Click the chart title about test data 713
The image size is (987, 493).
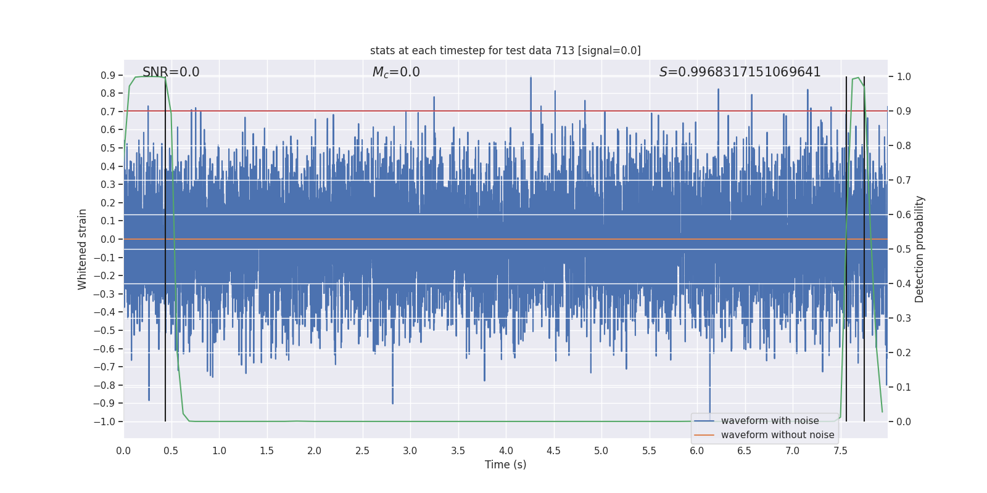[x=505, y=51]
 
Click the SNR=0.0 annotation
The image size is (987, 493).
[x=171, y=72]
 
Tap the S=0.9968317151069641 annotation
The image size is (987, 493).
[x=740, y=72]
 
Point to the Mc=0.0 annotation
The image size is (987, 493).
[x=396, y=72]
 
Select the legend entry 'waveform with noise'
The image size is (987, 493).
[x=769, y=421]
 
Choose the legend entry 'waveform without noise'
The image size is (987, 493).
[x=777, y=435]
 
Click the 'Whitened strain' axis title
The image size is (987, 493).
[x=83, y=249]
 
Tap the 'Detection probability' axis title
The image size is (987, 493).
[x=919, y=249]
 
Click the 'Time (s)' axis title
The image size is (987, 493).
[x=505, y=465]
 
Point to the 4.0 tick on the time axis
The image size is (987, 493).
[x=506, y=451]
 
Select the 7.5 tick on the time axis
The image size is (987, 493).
[x=840, y=451]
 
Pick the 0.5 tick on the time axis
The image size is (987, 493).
[x=171, y=451]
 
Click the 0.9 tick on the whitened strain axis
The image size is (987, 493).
[x=108, y=75]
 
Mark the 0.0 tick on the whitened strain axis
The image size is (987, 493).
[x=108, y=239]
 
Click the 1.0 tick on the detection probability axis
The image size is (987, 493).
[x=904, y=77]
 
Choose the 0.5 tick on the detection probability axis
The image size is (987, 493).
[x=904, y=250]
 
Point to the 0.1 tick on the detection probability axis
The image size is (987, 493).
[x=904, y=388]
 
